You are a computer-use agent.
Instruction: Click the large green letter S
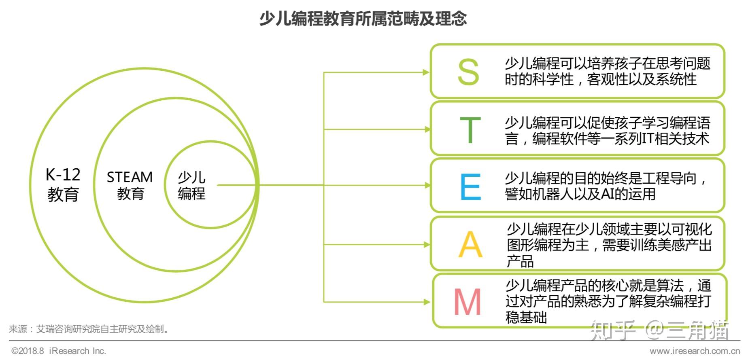tap(468, 72)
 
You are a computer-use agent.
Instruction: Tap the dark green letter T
tap(470, 130)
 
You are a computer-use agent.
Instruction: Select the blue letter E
tap(470, 186)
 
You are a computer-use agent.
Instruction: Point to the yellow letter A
tap(470, 244)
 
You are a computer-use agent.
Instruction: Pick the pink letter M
tap(467, 302)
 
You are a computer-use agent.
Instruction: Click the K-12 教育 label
tap(63, 184)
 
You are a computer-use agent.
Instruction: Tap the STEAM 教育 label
tap(130, 185)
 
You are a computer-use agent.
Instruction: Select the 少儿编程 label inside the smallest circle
tap(191, 185)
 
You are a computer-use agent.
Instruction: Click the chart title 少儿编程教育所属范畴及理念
tap(363, 19)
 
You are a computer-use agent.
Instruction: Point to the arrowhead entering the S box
tap(426, 72)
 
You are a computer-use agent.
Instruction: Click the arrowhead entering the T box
tap(426, 129)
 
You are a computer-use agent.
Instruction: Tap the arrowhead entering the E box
tap(426, 185)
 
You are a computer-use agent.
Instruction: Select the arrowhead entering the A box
tap(426, 244)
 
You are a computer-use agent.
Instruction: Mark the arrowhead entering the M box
tap(426, 302)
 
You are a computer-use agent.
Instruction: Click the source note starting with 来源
tap(89, 329)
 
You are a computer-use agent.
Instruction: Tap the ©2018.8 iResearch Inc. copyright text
tap(59, 351)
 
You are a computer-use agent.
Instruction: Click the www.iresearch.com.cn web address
tap(695, 351)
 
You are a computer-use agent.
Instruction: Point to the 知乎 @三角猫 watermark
tap(659, 330)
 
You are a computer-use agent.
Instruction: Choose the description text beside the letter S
tap(607, 71)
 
